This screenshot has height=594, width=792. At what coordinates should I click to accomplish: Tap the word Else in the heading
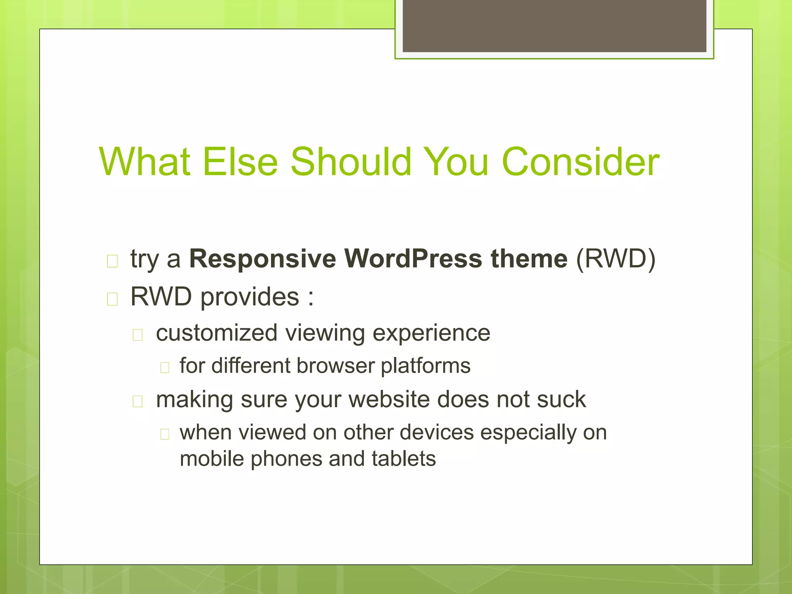coord(240,162)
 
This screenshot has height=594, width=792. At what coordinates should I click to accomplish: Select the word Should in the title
coord(350,162)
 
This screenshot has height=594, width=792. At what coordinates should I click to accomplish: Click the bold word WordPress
coord(413,258)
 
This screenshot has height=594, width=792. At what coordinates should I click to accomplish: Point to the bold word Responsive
coord(263,259)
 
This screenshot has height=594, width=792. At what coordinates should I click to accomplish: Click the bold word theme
coord(529,258)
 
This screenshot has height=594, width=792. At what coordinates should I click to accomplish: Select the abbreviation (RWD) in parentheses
coord(616,258)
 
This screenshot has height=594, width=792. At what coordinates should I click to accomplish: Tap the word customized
coord(217,333)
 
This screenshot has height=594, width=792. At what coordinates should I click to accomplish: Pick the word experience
coord(431,333)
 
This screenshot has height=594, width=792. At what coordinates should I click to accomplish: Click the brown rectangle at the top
coord(554,26)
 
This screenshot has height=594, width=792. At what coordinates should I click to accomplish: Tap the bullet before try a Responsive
coord(112,261)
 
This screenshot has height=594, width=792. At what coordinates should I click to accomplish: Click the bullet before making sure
coord(138,402)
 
